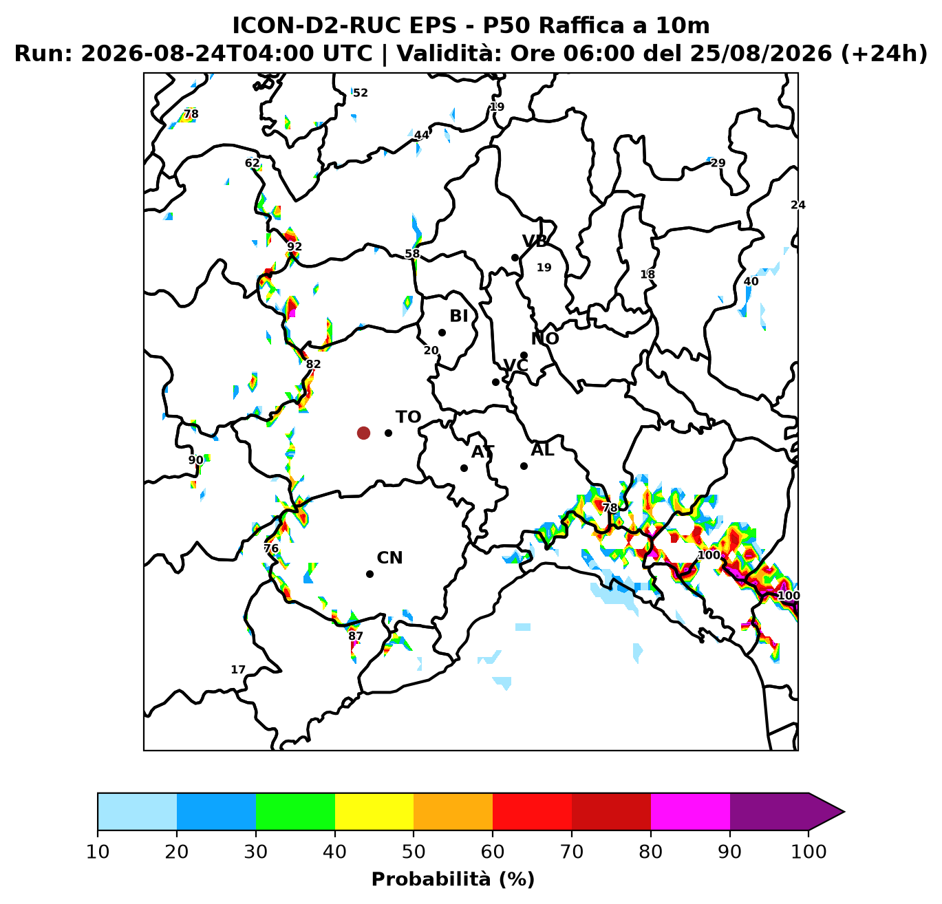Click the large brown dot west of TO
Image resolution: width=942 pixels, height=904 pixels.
(x=363, y=433)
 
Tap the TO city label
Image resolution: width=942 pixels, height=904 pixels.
(x=408, y=417)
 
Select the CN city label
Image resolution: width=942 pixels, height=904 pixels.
(x=389, y=558)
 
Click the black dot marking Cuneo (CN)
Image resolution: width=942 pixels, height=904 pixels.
(x=370, y=574)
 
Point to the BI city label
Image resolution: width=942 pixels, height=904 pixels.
(x=459, y=316)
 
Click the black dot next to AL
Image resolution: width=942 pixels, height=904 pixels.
(x=524, y=466)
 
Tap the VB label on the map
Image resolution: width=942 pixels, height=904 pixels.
(x=535, y=241)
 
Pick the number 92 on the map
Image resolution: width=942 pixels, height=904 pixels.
(x=295, y=246)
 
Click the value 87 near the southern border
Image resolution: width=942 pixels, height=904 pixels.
(x=355, y=636)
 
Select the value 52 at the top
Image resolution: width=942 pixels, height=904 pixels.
(x=360, y=93)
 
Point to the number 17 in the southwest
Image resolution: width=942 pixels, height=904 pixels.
(x=237, y=669)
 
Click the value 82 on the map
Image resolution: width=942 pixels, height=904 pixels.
(x=313, y=364)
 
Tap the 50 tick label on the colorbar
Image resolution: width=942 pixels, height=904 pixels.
(x=414, y=851)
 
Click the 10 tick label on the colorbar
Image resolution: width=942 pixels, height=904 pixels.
(x=98, y=851)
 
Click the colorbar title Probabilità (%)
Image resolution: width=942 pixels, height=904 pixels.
(x=453, y=879)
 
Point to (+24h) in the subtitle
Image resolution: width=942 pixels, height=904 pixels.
(x=884, y=54)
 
